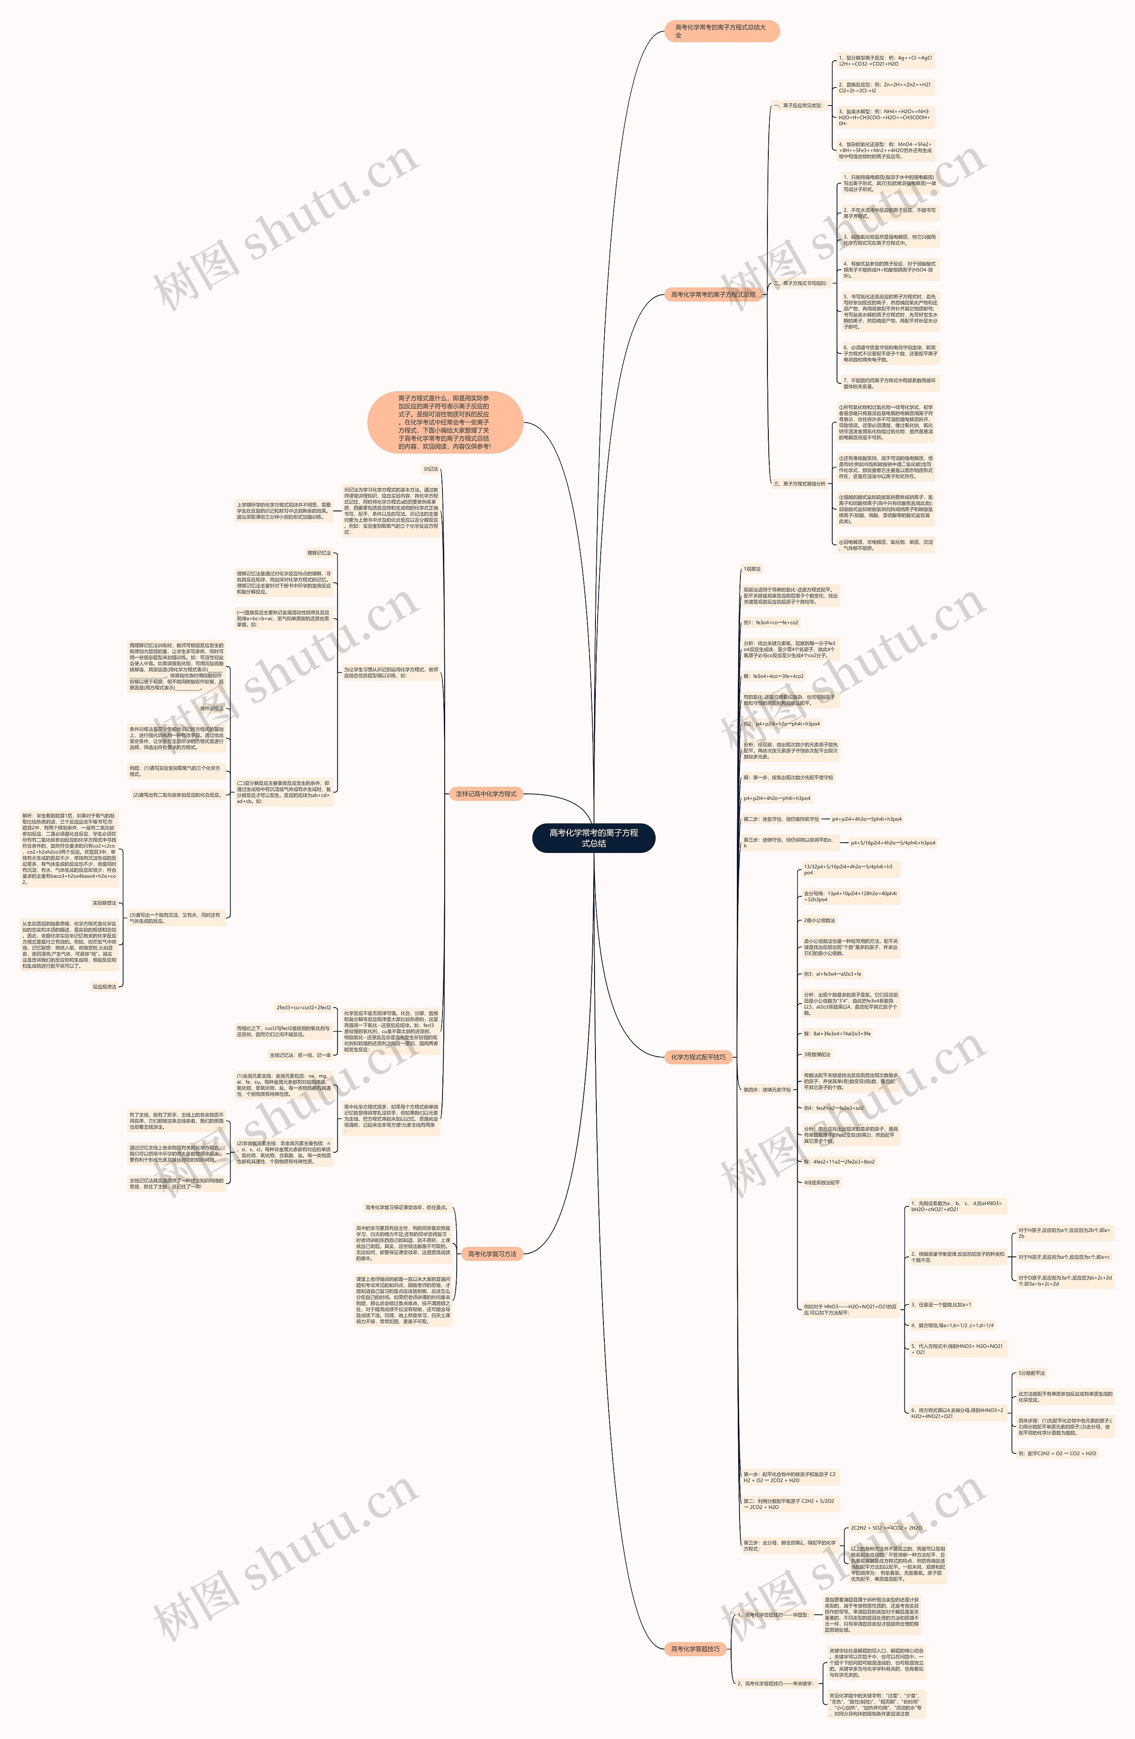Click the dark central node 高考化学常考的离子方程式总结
[593, 838]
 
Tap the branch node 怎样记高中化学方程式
[485, 793]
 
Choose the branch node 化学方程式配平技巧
[698, 1056]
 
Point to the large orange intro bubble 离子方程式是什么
[444, 422]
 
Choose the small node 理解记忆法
[318, 553]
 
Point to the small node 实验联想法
[105, 903]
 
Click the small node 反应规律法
[105, 986]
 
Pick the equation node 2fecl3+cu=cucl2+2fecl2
[304, 1008]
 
